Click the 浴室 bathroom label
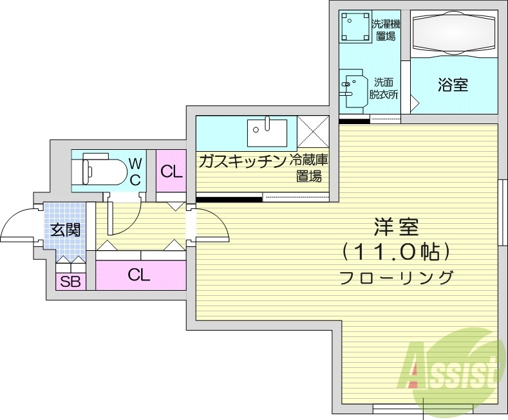(453, 84)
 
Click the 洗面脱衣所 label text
(384, 88)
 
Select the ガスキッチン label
(243, 161)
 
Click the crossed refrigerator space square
(313, 132)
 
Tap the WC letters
(135, 171)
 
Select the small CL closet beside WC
(171, 171)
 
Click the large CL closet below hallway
(139, 275)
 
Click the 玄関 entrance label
(65, 229)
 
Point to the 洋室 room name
(396, 227)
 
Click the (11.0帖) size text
(396, 253)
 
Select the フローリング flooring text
(396, 278)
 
